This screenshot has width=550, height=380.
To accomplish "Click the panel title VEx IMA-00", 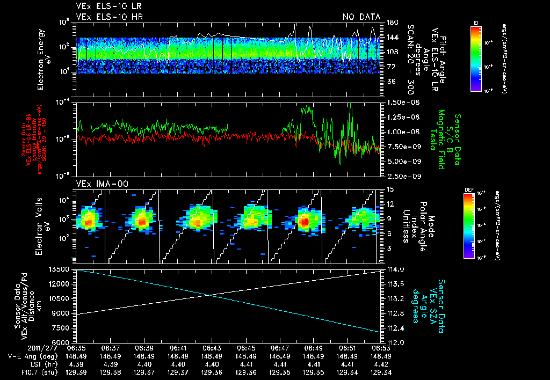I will (x=98, y=184).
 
